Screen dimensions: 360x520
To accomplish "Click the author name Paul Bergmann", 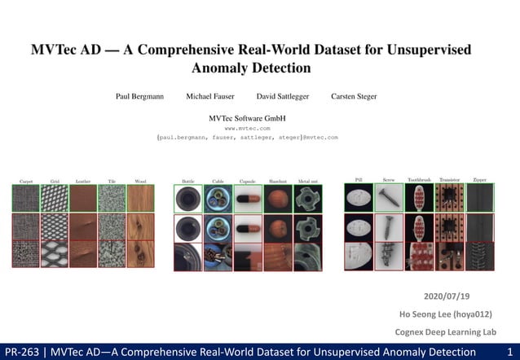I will point(139,96).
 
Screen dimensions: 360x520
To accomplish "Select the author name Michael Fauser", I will point(210,96).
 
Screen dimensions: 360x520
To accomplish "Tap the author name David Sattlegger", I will point(282,96).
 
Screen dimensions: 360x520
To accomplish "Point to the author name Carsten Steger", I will point(354,96).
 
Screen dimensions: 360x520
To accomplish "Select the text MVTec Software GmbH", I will point(247,118).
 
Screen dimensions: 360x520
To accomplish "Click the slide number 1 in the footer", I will point(509,351).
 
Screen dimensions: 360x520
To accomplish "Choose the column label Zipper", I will point(479,179).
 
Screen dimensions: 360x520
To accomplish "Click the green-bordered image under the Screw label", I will point(388,197).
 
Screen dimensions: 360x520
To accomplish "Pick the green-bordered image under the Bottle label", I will point(187,199).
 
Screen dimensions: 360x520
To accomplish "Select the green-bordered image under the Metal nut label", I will point(308,199).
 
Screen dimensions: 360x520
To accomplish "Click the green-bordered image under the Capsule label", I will point(248,199).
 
